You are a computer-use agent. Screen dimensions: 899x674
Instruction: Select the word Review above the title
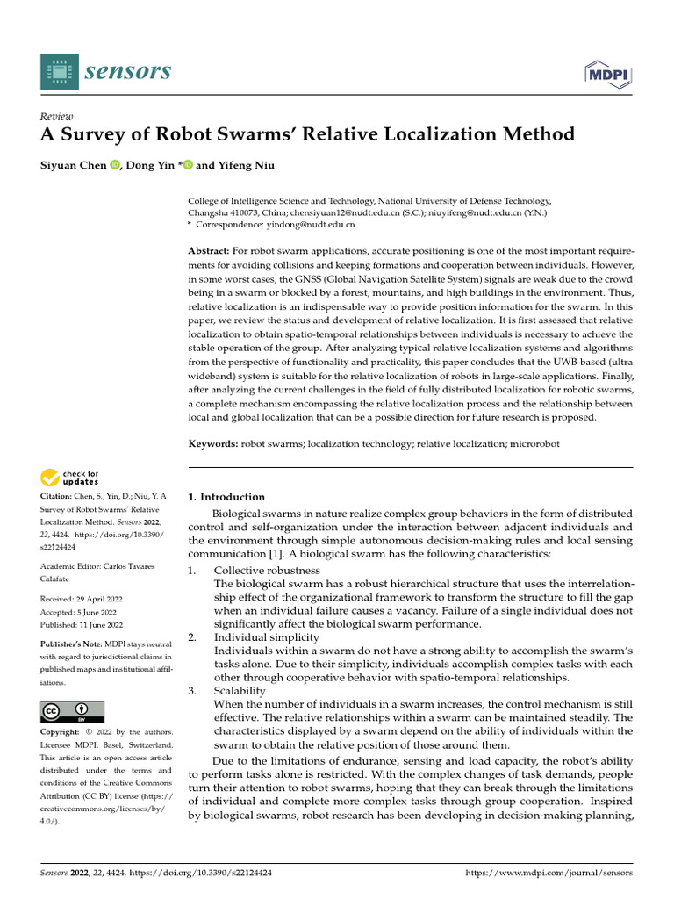(x=57, y=117)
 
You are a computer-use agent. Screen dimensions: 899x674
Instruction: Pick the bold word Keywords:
(x=213, y=445)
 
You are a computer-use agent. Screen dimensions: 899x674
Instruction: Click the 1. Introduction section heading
(x=226, y=497)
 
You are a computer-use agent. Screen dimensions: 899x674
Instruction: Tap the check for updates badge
(x=70, y=478)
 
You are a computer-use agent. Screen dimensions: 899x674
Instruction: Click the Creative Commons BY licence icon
(x=72, y=711)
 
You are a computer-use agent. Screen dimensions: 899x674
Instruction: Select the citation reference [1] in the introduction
(x=275, y=554)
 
